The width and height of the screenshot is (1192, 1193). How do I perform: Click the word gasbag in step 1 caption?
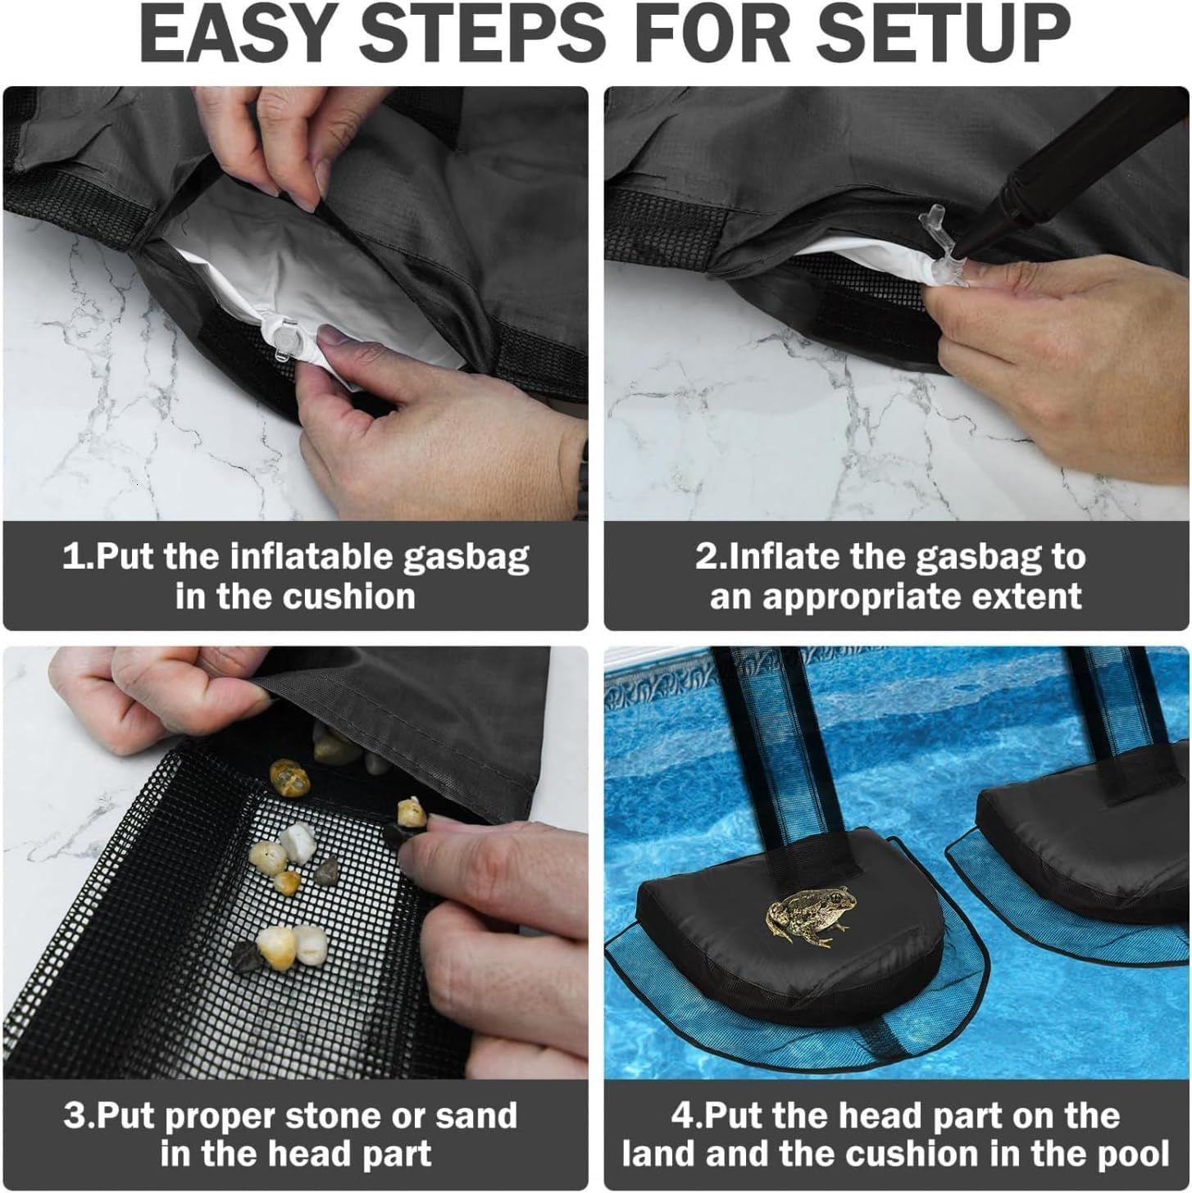(x=466, y=558)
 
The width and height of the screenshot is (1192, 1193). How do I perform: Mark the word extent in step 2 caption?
(x=1034, y=596)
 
